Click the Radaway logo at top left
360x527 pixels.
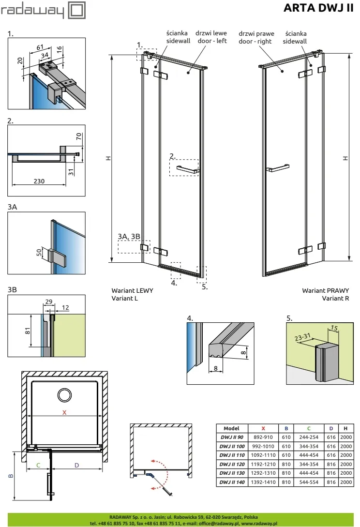(43, 10)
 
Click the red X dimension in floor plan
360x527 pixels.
(64, 413)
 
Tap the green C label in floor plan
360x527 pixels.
(38, 465)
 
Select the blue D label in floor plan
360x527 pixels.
(76, 465)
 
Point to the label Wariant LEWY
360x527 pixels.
(132, 290)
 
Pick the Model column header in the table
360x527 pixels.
(231, 429)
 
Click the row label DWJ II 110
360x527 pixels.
(232, 455)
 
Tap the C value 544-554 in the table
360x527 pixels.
(309, 482)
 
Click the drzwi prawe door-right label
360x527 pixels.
(256, 37)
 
